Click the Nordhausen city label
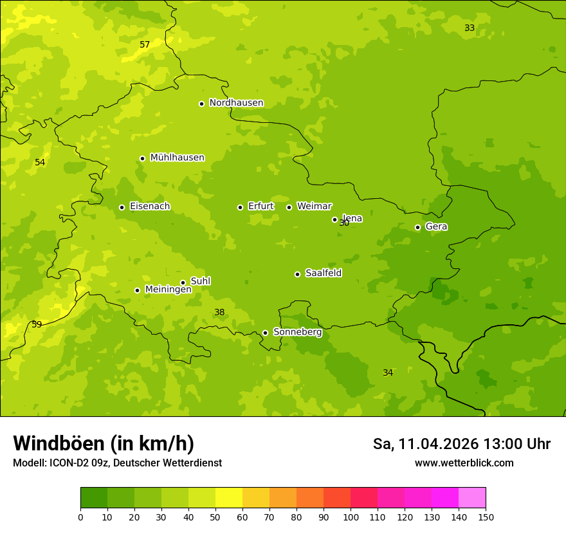pyautogui.click(x=236, y=103)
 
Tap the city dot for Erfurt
pyautogui.click(x=240, y=207)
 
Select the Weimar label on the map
pyautogui.click(x=314, y=207)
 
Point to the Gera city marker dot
pyautogui.click(x=417, y=227)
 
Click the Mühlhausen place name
pyautogui.click(x=177, y=158)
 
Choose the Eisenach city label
pyautogui.click(x=149, y=207)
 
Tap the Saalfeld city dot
pyautogui.click(x=297, y=274)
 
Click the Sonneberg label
pyautogui.click(x=297, y=332)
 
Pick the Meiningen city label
pyautogui.click(x=168, y=290)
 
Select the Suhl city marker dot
pyautogui.click(x=183, y=282)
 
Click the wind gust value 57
pyautogui.click(x=145, y=44)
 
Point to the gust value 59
pyautogui.click(x=37, y=324)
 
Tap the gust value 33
pyautogui.click(x=470, y=28)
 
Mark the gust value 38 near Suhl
pyautogui.click(x=219, y=313)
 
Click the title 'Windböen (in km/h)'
pyautogui.click(x=104, y=443)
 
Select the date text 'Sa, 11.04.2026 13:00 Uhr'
pyautogui.click(x=461, y=444)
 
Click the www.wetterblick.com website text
pyautogui.click(x=464, y=463)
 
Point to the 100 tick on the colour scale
pyautogui.click(x=351, y=517)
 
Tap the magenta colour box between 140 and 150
pyautogui.click(x=472, y=497)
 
